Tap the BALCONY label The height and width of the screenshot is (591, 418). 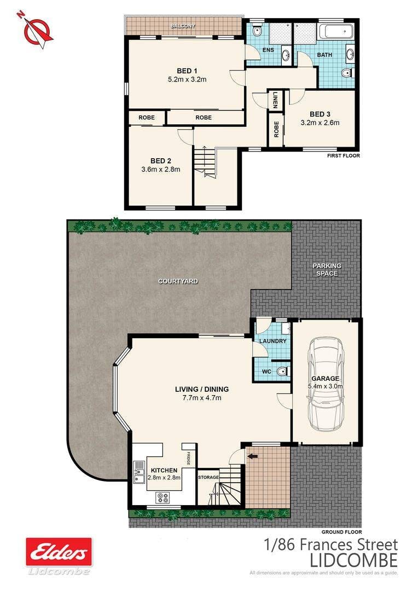tap(183, 26)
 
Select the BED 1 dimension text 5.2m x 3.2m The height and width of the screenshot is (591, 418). tap(187, 79)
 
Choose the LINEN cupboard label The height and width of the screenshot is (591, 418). tap(276, 100)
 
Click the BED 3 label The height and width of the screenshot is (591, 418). tap(320, 114)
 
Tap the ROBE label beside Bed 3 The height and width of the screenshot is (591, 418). tap(276, 129)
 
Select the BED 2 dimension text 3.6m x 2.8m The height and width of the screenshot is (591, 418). tap(160, 170)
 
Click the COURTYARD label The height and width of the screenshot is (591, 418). tap(178, 281)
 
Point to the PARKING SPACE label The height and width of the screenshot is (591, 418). tap(327, 269)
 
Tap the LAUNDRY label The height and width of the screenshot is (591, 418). tap(273, 341)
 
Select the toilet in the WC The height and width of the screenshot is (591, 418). tap(283, 372)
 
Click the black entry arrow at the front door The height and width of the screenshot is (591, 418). tap(252, 456)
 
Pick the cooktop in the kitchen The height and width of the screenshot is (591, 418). tap(164, 497)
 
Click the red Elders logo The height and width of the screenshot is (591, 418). tap(59, 552)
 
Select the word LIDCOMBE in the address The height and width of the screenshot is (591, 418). tap(353, 560)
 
